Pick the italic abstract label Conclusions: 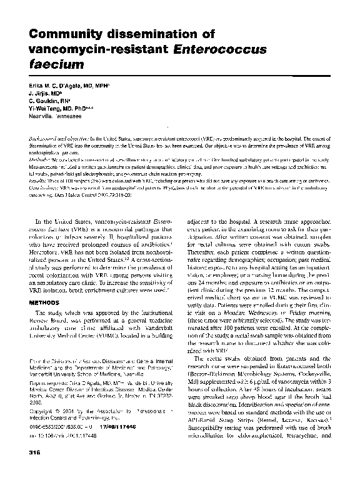point(35,186)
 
